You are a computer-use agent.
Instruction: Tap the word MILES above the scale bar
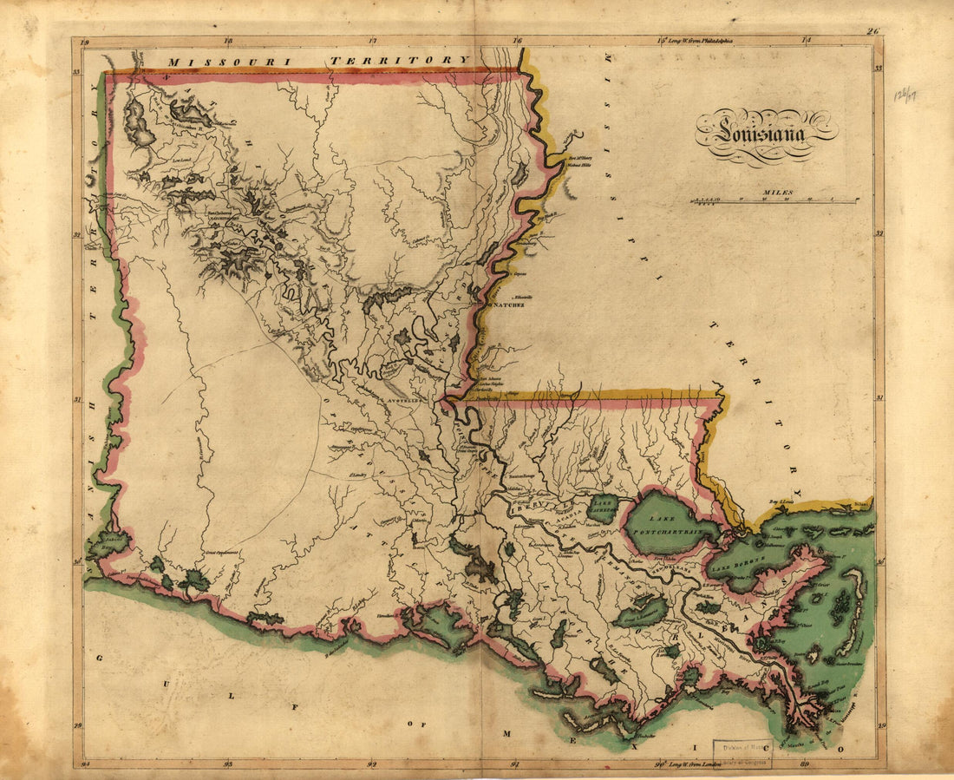point(777,193)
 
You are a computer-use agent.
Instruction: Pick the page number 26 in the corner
point(872,32)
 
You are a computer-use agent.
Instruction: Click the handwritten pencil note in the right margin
point(905,94)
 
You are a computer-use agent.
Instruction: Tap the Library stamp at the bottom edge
point(742,751)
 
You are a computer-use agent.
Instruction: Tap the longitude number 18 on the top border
point(227,40)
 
